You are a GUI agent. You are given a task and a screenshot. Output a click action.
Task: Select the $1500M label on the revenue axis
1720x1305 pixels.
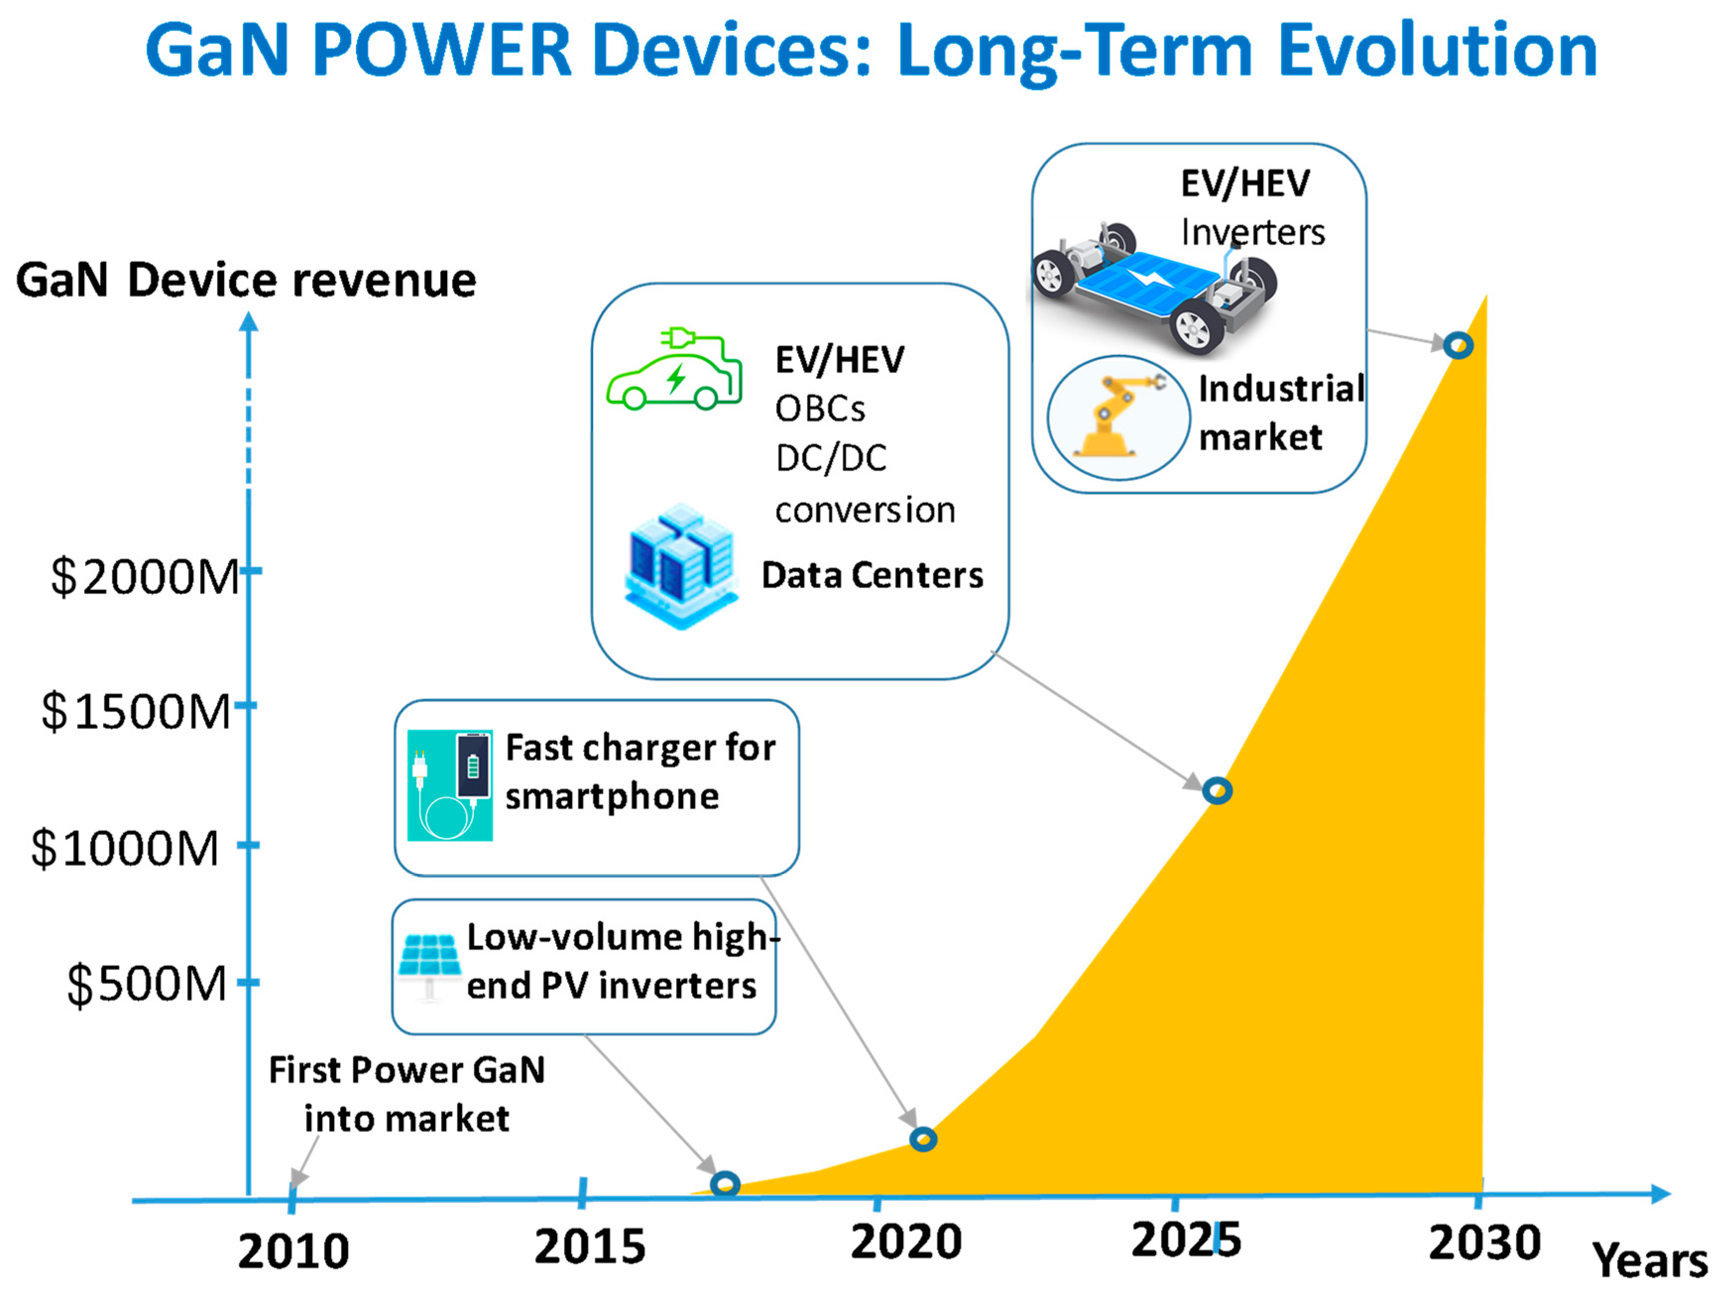coord(137,712)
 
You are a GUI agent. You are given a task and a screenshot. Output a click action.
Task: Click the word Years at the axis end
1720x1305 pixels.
coord(1649,1260)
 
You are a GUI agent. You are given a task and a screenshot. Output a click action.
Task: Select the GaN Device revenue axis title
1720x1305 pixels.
coord(246,280)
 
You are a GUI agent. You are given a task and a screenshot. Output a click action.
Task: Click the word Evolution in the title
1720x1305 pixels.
coord(1437,51)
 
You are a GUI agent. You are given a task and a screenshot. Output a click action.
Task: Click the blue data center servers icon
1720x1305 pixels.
coord(681,566)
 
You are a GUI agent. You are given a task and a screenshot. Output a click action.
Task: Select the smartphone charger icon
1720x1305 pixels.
coord(450,785)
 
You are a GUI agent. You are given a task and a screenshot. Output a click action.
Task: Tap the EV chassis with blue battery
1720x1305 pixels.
coord(1153,288)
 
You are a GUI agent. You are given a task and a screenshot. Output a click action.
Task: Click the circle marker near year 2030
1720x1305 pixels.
coord(1458,345)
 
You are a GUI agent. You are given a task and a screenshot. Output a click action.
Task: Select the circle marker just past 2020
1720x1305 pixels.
coord(923,1139)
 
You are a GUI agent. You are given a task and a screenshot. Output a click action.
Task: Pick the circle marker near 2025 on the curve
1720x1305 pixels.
coord(1217,790)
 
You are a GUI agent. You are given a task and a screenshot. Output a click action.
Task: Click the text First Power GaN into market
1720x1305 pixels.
coord(406,1094)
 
